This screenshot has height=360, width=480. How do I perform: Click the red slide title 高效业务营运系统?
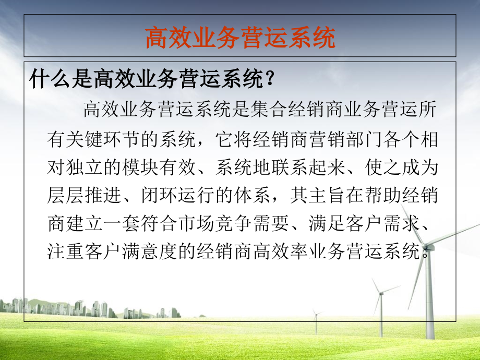point(239,38)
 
